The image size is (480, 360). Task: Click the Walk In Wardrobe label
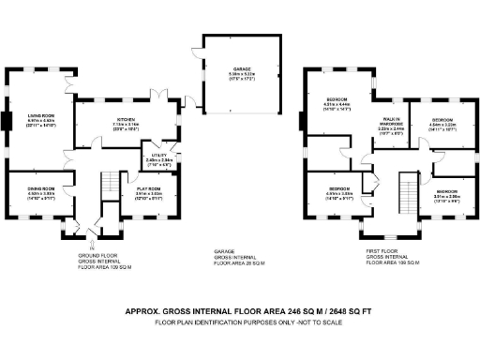coord(391,121)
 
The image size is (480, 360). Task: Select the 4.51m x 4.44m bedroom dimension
coord(338,104)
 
